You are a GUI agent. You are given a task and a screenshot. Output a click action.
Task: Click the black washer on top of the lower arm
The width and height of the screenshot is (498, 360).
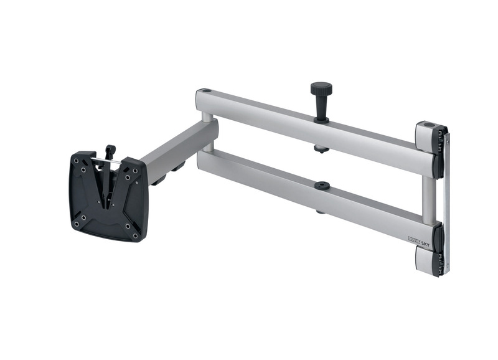[322, 185]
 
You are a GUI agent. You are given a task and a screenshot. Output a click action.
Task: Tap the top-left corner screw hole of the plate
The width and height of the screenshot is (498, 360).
[77, 161]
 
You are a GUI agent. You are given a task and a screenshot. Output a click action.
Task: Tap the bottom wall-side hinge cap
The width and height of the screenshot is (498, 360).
[430, 262]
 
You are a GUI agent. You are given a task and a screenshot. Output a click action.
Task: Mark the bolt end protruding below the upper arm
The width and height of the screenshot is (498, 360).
[321, 149]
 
